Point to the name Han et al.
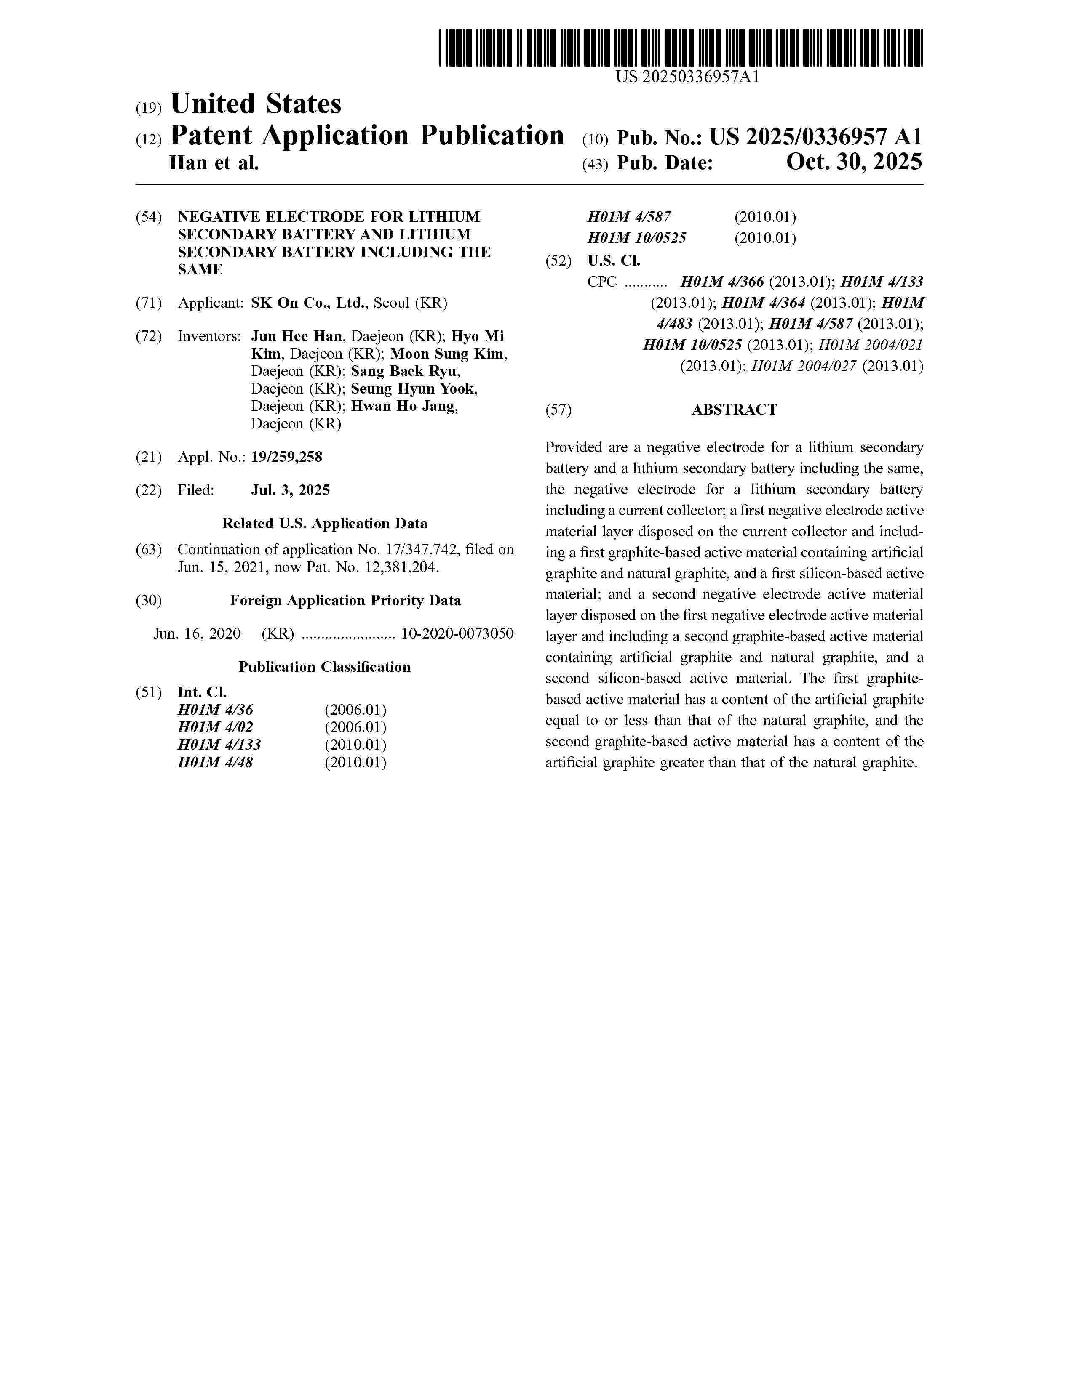[x=214, y=163]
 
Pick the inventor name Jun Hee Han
[x=297, y=336]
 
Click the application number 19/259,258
[x=286, y=457]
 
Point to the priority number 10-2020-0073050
[x=457, y=633]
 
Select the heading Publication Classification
[x=324, y=667]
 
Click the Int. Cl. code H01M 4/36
[x=215, y=710]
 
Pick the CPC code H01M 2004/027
[x=804, y=366]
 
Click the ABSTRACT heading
[x=734, y=410]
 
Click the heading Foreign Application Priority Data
[x=345, y=600]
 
